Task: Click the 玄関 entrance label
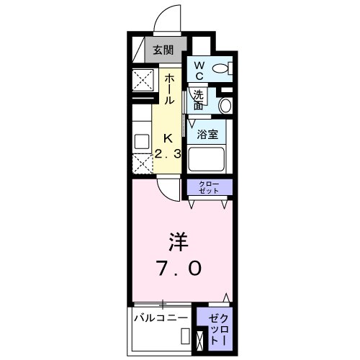pos(163,50)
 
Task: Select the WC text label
pos(199,70)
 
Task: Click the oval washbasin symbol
pos(225,105)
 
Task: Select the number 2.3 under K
pos(168,153)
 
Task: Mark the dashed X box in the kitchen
pos(141,163)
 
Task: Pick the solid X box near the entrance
pos(140,78)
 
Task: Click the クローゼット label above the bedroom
pos(210,187)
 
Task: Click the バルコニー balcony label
pos(161,318)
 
